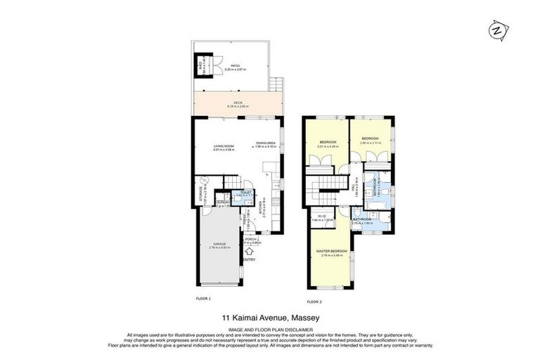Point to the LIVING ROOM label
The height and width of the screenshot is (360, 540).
coord(223,148)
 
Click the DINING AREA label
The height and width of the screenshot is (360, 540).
coord(265,144)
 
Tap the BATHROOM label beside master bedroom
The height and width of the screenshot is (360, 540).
coord(362,220)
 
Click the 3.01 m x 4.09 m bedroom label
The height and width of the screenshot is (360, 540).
coord(328,144)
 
